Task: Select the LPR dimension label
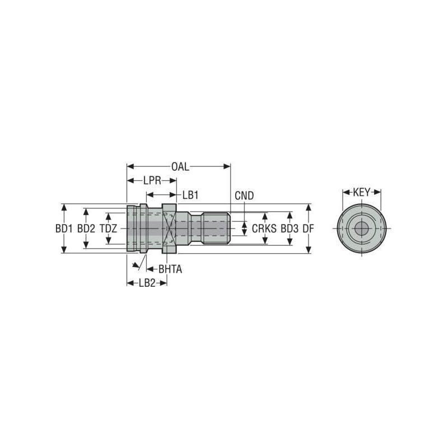[x=151, y=180]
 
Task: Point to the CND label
[x=244, y=195]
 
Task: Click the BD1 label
[x=64, y=228]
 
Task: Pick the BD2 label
[x=86, y=228]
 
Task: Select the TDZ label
[x=109, y=228]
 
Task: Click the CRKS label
[x=264, y=228]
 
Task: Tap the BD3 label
[x=290, y=228]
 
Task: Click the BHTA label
[x=170, y=269]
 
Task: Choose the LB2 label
[x=147, y=283]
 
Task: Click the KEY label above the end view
[x=362, y=192]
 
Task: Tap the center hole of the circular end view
[x=362, y=228]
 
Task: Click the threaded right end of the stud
[x=216, y=228]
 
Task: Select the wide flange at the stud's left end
[x=132, y=228]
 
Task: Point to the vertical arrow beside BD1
[x=64, y=213]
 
